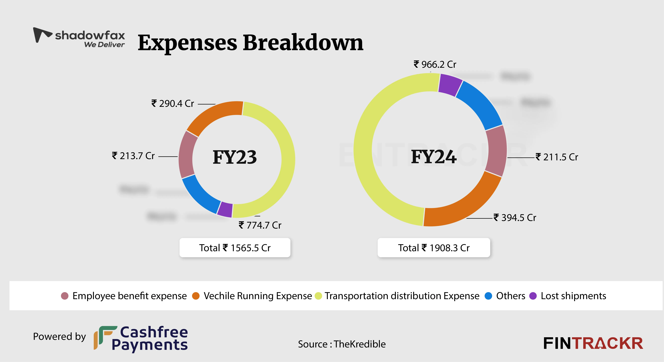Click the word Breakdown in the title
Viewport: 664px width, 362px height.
303,43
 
